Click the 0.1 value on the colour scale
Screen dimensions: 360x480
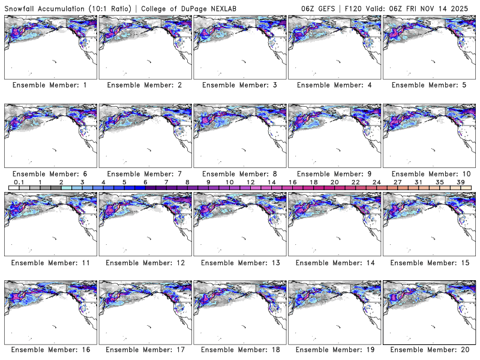(19, 182)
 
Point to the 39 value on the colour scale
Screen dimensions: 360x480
(460, 182)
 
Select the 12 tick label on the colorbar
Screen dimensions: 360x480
(250, 182)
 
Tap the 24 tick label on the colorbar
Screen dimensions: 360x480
(376, 182)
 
